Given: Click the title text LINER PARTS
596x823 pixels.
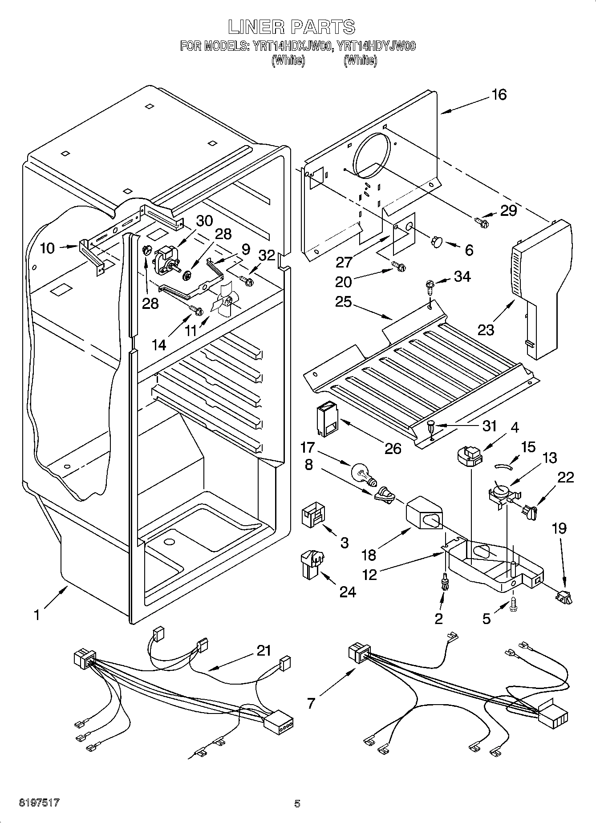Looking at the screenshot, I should tap(292, 27).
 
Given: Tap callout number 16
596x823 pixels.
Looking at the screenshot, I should tap(499, 95).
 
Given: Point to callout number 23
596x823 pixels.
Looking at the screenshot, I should tap(486, 330).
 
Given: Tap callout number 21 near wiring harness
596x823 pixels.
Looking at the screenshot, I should tap(264, 651).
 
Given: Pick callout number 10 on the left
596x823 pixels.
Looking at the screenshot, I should tap(47, 248).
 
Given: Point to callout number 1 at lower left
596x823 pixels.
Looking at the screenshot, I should tap(38, 615).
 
